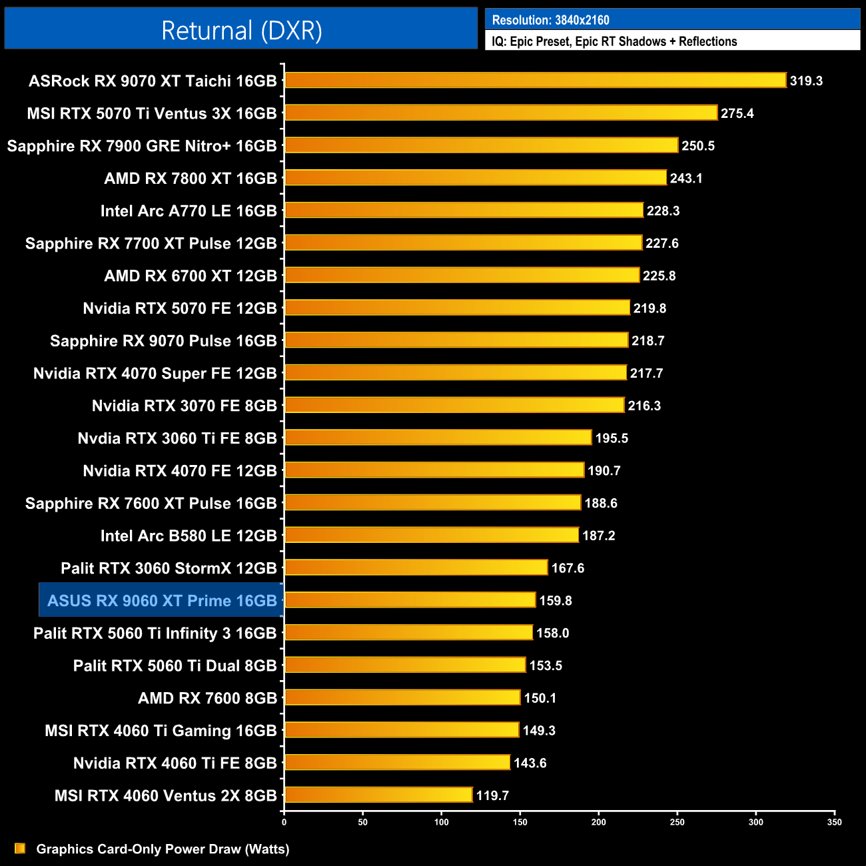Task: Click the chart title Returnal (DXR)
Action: [x=241, y=31]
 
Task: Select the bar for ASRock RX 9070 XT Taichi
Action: [x=535, y=81]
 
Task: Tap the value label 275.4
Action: [x=737, y=113]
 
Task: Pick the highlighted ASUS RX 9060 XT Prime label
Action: [x=162, y=601]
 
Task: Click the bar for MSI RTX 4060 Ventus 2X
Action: [x=378, y=795]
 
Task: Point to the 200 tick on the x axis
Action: [x=598, y=822]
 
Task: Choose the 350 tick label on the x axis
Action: [x=834, y=822]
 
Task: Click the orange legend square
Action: [x=20, y=849]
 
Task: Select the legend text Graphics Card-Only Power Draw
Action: [x=163, y=849]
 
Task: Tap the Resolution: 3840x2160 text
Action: [x=550, y=20]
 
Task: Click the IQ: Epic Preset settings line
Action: [x=614, y=41]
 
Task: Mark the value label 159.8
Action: [x=556, y=601]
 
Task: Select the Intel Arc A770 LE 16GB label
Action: [x=189, y=211]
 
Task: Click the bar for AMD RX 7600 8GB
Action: [x=402, y=698]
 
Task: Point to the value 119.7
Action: [x=492, y=795]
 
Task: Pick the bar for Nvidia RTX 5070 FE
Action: [x=457, y=308]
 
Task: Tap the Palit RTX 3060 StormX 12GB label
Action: [x=169, y=568]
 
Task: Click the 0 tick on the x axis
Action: [x=284, y=822]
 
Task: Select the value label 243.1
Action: [x=686, y=179]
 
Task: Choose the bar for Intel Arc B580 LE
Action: [x=432, y=536]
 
